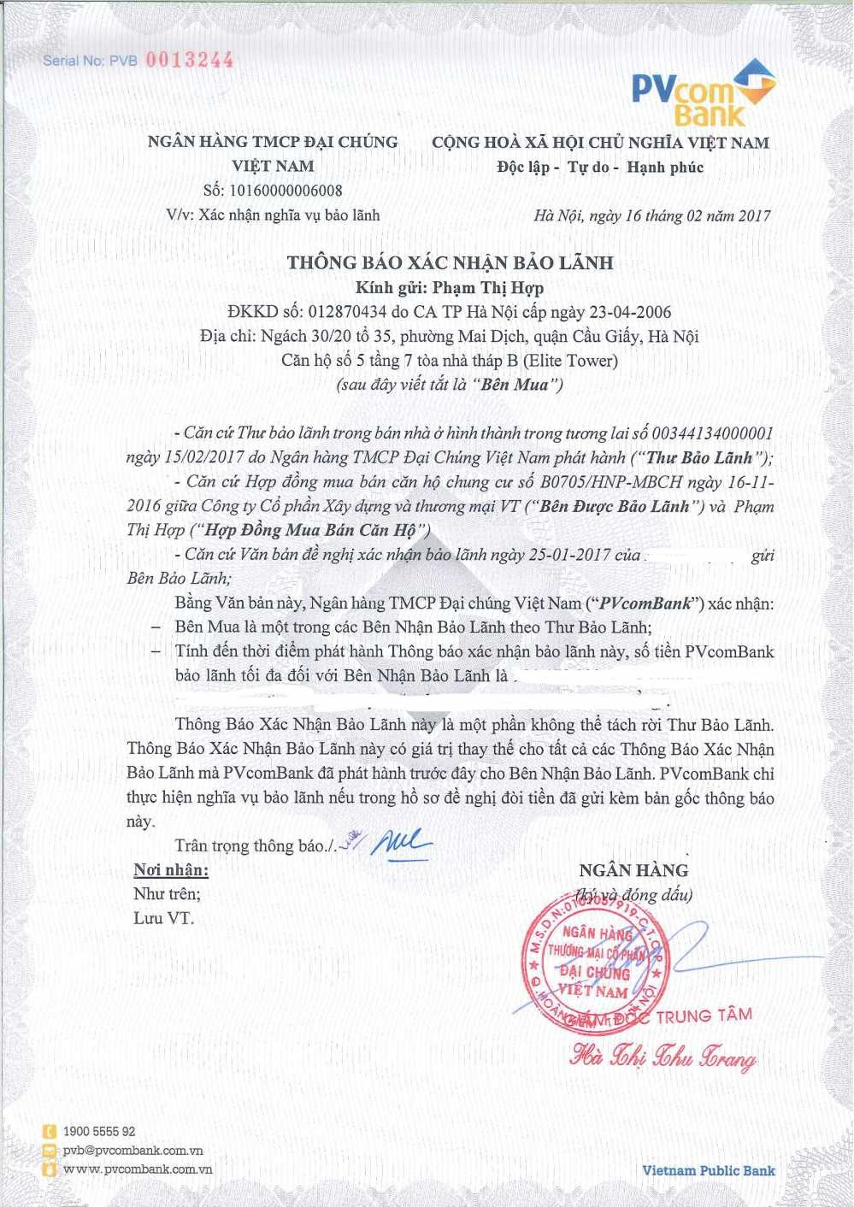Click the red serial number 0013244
click(x=189, y=60)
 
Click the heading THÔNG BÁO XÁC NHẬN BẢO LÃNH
click(x=450, y=262)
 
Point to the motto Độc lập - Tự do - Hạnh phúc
click(x=600, y=168)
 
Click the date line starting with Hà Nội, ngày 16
click(x=651, y=215)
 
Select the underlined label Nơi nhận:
click(x=171, y=870)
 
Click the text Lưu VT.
click(x=163, y=919)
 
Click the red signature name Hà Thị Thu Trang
click(x=663, y=1057)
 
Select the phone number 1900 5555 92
click(x=98, y=1132)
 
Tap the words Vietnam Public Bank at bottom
click(x=709, y=1171)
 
